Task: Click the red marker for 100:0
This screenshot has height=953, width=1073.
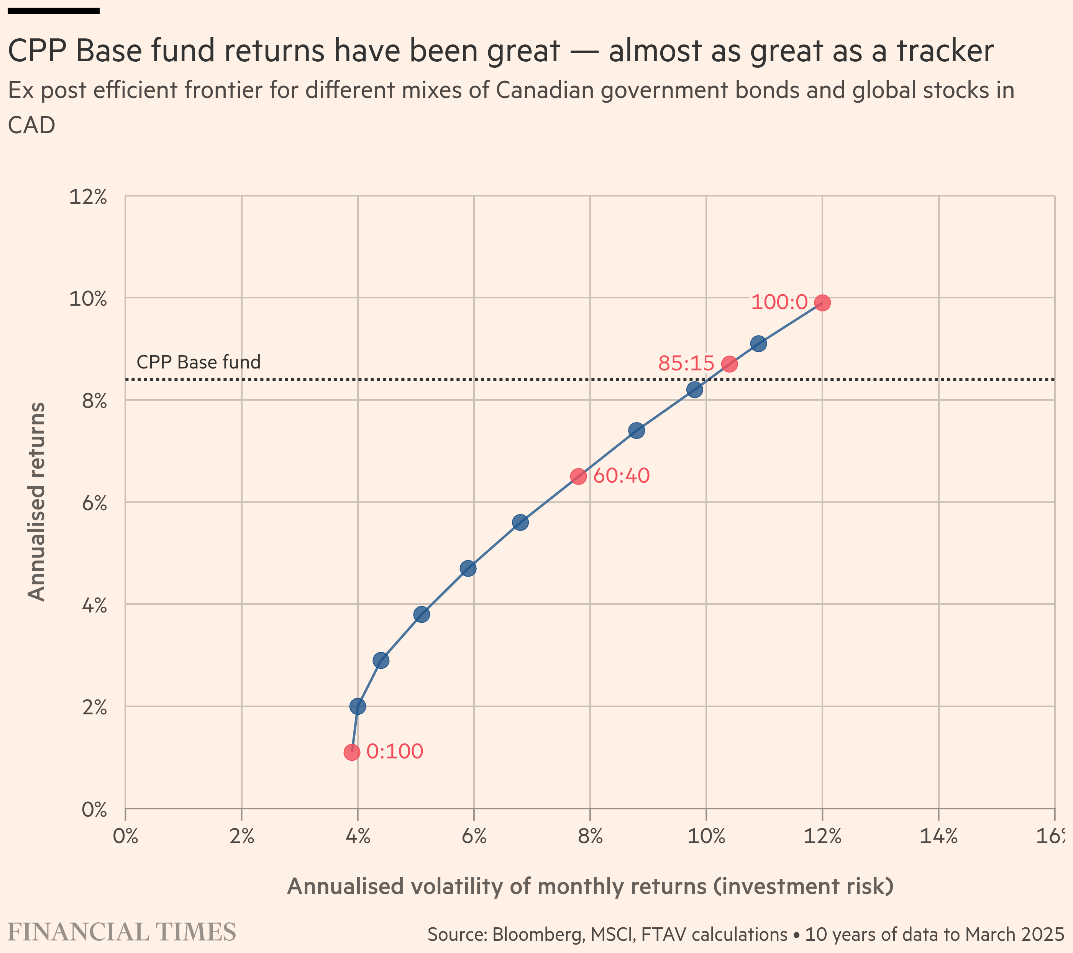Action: (x=822, y=303)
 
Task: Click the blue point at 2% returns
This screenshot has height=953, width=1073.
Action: (x=358, y=706)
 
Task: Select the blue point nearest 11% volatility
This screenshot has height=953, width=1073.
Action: (x=758, y=344)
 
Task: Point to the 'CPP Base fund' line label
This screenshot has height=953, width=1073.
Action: (x=199, y=362)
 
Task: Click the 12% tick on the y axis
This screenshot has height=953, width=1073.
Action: (x=88, y=197)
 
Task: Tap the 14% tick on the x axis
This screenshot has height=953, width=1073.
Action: (x=938, y=836)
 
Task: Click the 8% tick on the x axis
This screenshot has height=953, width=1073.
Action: (x=590, y=836)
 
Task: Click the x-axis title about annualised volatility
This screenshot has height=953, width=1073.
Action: (x=590, y=886)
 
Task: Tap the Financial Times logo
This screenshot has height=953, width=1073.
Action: (x=122, y=932)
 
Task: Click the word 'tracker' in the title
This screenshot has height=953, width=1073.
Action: (x=945, y=51)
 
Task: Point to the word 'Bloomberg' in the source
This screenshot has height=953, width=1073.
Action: (x=538, y=935)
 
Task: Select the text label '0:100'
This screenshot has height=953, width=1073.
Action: (x=395, y=752)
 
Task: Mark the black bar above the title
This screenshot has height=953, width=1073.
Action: (x=54, y=10)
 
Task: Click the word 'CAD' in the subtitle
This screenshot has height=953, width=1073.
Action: (x=31, y=125)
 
